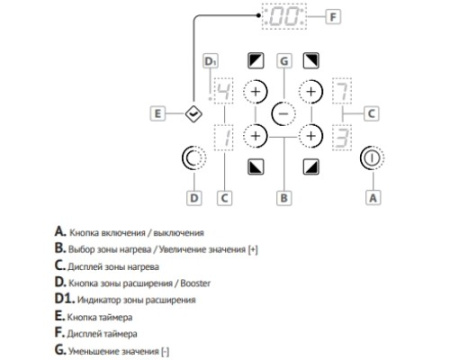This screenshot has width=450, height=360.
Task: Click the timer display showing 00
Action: coord(284,16)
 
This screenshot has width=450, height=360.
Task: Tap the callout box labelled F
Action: coord(332,17)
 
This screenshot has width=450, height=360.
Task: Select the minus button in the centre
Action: coord(283,114)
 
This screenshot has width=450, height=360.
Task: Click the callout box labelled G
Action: coord(284,61)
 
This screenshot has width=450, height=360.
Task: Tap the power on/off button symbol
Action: coord(372,158)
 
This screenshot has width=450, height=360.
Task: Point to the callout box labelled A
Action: coord(373,198)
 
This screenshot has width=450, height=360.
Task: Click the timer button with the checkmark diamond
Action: coord(194,114)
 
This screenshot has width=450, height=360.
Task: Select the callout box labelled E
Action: coord(158,114)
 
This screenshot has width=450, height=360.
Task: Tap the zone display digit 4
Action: coord(224,91)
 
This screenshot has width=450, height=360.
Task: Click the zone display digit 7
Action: coord(342,91)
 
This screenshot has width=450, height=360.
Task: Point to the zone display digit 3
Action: coord(342,137)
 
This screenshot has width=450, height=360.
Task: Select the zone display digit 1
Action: coord(224,137)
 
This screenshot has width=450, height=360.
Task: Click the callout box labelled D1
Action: coord(210,61)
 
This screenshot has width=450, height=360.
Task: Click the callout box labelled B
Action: coord(284,198)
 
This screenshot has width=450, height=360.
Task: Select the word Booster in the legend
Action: coord(195,284)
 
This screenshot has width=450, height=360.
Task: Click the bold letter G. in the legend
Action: coord(60,350)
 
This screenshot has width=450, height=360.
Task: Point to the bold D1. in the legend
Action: coord(65,298)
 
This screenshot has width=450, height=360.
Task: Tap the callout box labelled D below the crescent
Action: coord(194,198)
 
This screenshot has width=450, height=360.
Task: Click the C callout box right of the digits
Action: coord(371,114)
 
